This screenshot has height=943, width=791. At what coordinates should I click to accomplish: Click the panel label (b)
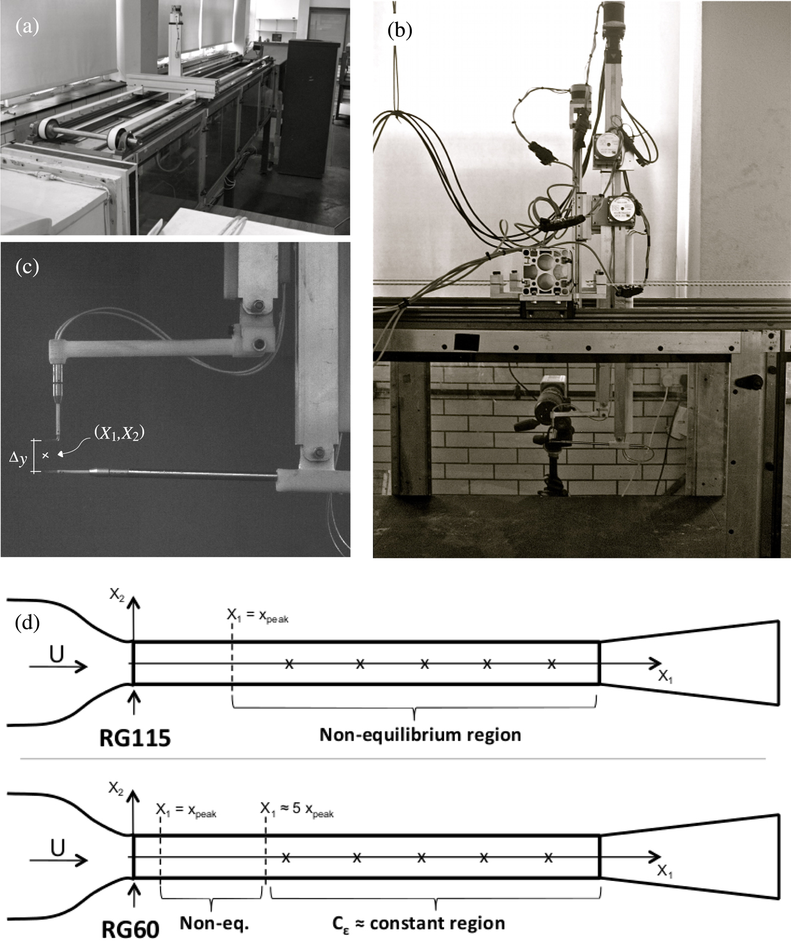point(399,30)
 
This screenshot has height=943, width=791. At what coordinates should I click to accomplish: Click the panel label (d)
point(28,623)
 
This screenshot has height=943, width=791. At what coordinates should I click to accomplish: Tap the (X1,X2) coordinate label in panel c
point(118,434)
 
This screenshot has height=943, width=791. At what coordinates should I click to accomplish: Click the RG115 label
point(134,737)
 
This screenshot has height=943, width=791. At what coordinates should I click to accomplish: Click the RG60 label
point(130,929)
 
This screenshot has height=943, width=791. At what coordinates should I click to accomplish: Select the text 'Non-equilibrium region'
point(420,735)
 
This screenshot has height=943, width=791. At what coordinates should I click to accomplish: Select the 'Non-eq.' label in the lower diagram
point(214,923)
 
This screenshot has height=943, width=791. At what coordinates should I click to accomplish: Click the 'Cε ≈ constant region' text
point(418,923)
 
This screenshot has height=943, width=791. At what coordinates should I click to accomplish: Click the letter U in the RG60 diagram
point(58,848)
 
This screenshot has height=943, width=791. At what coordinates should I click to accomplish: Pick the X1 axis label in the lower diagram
point(664,871)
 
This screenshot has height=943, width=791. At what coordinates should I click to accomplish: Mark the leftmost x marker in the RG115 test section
point(289,664)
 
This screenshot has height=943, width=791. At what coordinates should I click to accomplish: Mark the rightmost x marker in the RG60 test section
point(548,858)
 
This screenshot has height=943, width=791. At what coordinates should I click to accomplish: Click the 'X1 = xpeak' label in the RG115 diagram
point(257,615)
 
